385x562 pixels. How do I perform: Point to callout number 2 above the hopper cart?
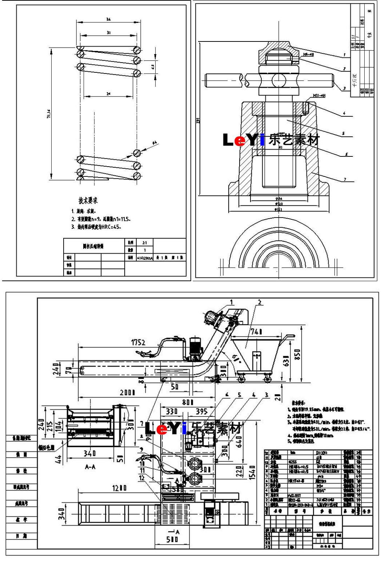[260, 302]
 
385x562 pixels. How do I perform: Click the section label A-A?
[90, 467]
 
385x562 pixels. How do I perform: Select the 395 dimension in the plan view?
[201, 412]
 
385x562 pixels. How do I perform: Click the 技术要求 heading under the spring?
[88, 200]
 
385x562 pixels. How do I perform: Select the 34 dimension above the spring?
[108, 19]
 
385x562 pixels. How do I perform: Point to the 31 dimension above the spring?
[108, 33]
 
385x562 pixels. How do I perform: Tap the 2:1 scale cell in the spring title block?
[144, 243]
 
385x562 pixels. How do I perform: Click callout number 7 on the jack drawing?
[345, 179]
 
